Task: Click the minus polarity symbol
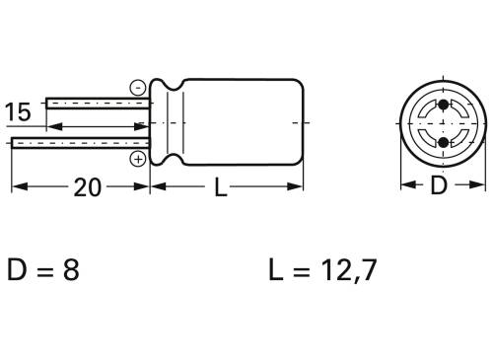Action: (137, 86)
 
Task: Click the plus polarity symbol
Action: (137, 158)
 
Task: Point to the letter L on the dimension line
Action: (220, 187)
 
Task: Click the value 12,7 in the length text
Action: (344, 270)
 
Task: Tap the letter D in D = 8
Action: (19, 270)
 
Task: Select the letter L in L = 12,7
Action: (275, 270)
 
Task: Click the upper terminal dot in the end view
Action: (442, 105)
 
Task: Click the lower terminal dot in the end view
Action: (442, 143)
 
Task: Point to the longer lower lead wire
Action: (79, 144)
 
